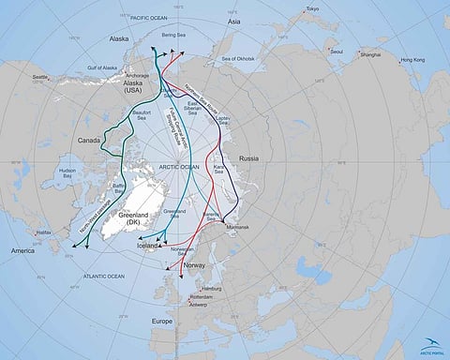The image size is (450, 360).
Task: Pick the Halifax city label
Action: pos(40,232)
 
